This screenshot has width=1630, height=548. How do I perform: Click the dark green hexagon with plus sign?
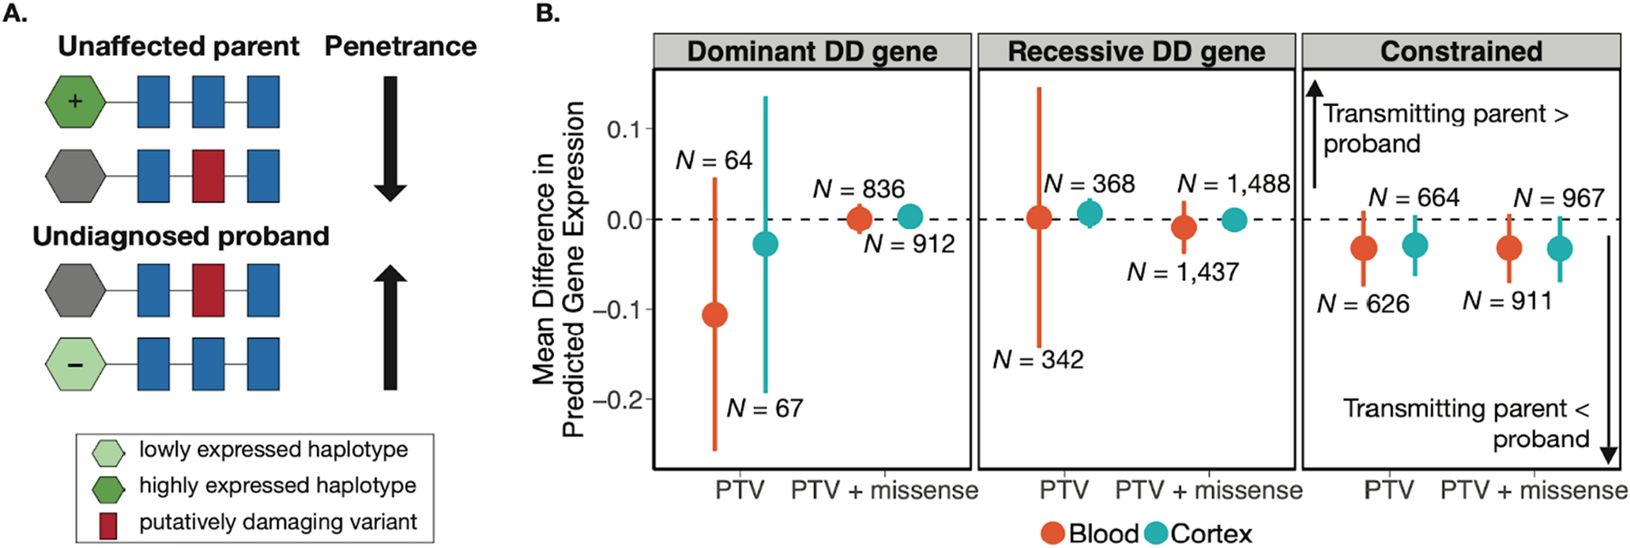click(x=76, y=102)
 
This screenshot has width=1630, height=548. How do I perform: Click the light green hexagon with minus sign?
click(x=76, y=364)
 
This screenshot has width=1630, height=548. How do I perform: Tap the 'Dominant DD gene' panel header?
click(x=812, y=51)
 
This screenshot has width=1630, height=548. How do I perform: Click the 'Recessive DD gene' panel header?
click(x=1136, y=51)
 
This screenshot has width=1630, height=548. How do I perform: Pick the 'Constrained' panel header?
click(x=1461, y=51)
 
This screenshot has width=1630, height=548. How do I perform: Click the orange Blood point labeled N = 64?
click(x=715, y=315)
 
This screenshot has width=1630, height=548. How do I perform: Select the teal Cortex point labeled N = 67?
click(x=765, y=244)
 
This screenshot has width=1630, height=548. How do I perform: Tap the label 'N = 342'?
click(x=1038, y=360)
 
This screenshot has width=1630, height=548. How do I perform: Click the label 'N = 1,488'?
click(x=1233, y=184)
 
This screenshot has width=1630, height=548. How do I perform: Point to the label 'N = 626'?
click(x=1362, y=304)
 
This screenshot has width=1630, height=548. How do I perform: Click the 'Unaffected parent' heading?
click(x=178, y=47)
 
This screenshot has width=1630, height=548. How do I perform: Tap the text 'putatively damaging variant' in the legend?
click(x=278, y=522)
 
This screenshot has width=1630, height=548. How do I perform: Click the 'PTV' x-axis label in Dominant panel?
click(x=739, y=490)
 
